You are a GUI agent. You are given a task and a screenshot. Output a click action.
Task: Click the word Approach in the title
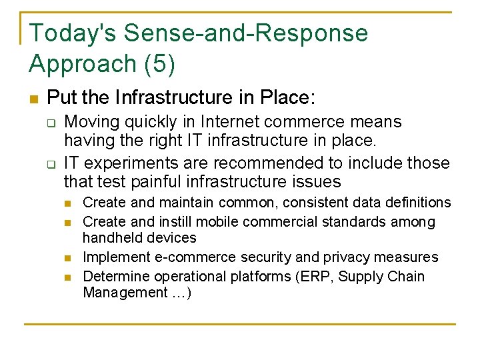pos(83,64)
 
